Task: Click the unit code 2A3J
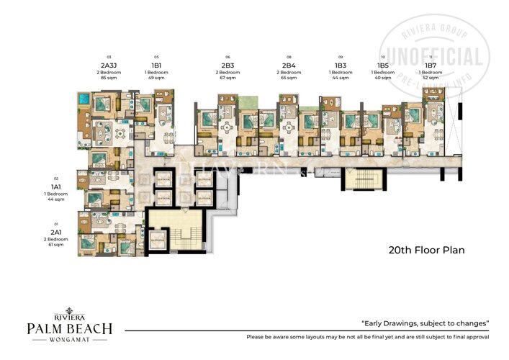109,65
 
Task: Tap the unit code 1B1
156,65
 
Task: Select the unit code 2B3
228,65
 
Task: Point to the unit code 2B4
289,65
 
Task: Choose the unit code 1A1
55,186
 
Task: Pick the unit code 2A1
55,232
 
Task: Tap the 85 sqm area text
109,77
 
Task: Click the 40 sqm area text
383,77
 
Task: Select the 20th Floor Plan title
426,251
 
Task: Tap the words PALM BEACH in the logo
69,329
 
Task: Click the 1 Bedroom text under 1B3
341,72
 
